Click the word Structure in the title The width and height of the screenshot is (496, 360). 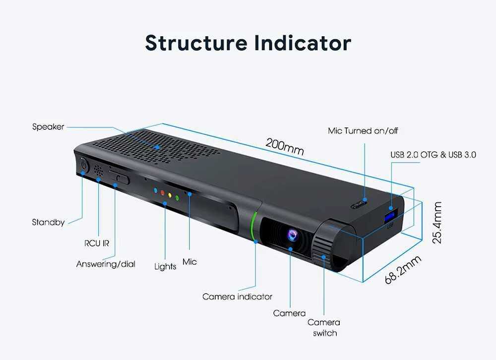196,43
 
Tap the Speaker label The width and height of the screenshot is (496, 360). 48,127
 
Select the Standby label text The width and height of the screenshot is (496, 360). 48,222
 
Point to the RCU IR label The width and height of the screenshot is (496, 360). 97,243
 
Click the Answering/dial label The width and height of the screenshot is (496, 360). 106,264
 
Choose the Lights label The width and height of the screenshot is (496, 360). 165,266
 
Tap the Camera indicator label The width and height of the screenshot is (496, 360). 237,297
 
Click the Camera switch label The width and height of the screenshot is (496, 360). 324,327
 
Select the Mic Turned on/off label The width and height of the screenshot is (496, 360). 363,130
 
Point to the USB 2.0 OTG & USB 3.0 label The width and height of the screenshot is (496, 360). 433,155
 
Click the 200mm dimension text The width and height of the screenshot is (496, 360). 285,146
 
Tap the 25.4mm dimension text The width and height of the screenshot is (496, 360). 437,223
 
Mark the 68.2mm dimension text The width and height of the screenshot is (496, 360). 403,270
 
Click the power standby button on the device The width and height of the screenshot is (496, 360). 83,166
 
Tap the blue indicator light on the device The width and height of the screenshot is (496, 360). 155,190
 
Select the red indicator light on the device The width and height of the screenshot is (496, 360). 163,193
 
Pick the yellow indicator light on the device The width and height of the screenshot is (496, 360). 170,195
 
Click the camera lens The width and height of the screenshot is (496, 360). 293,235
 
